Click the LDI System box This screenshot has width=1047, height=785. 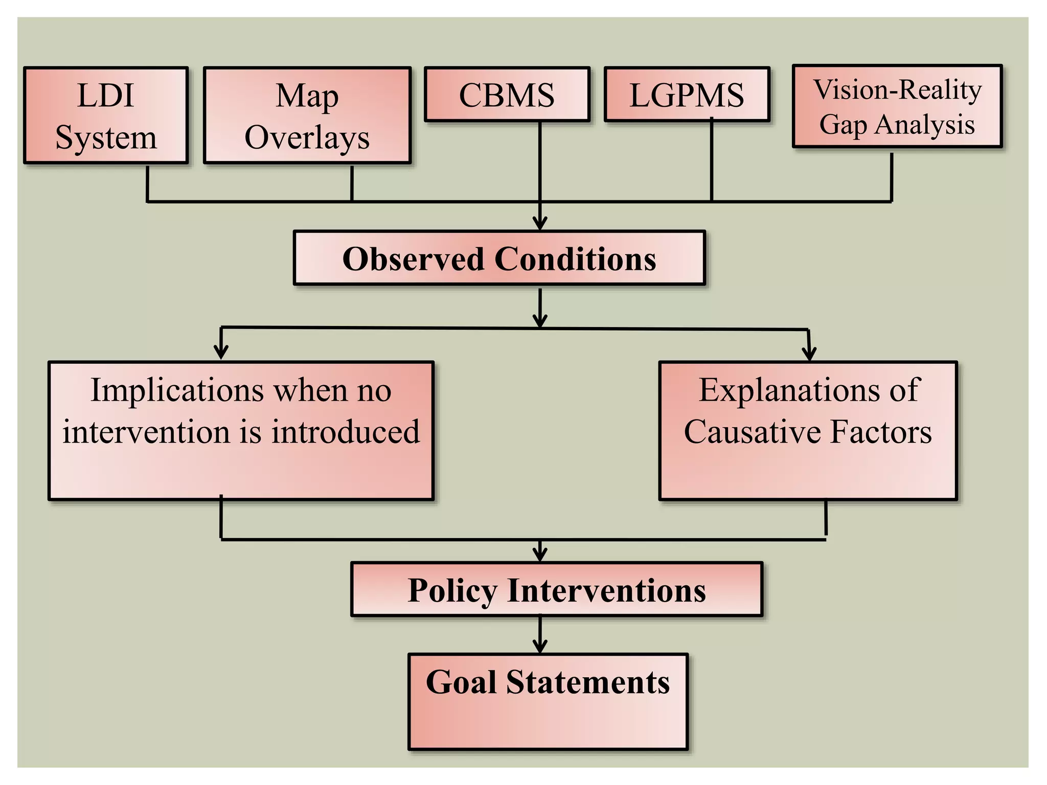106,116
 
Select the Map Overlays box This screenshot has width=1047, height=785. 307,116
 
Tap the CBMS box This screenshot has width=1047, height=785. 507,95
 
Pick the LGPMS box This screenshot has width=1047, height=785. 687,95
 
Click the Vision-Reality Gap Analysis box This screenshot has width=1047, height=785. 897,107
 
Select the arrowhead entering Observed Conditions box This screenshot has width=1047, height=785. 540,224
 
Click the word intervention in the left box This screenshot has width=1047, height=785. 146,432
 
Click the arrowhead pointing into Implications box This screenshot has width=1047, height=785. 221,353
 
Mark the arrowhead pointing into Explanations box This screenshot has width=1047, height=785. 809,354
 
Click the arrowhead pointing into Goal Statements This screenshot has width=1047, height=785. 540,647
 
